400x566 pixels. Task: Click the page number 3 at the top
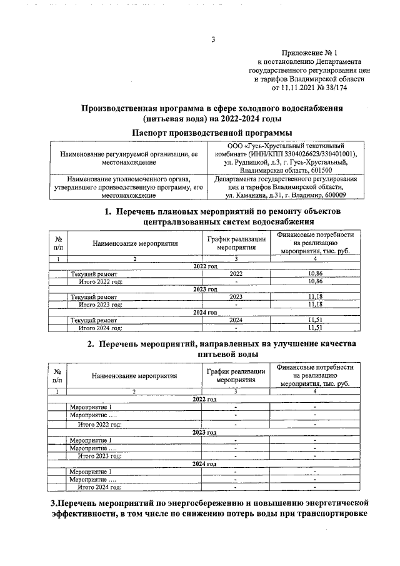[x=212, y=41]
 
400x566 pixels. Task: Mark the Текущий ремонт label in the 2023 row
[x=94, y=296]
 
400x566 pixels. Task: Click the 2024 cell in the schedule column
[x=236, y=319]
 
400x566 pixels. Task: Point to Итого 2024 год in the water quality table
[x=99, y=486]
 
